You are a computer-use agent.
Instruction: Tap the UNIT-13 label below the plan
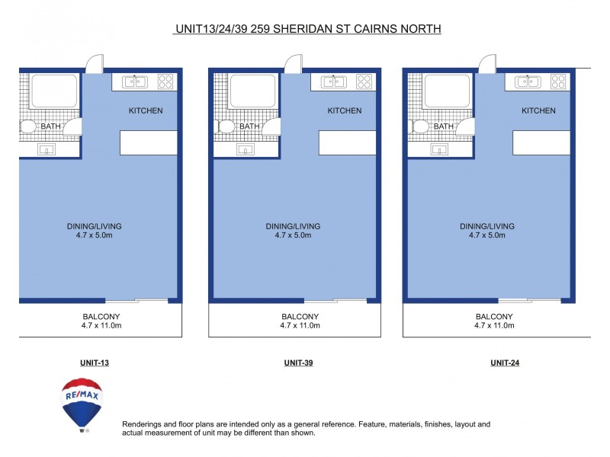click(x=95, y=363)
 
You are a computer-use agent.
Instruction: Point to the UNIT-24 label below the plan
click(x=505, y=363)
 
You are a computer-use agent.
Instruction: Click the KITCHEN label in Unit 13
click(x=145, y=110)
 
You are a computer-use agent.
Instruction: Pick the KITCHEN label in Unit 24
click(x=538, y=110)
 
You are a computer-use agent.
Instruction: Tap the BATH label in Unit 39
click(x=249, y=126)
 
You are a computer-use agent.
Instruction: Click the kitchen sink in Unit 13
click(x=135, y=81)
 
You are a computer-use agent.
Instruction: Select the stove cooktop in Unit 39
click(x=364, y=81)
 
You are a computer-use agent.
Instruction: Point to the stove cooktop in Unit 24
click(x=558, y=81)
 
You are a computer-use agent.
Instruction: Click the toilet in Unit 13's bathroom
click(x=27, y=126)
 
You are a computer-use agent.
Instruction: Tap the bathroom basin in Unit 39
click(x=246, y=149)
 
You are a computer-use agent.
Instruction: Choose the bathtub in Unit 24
click(x=441, y=91)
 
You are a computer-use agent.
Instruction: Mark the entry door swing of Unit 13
click(x=94, y=64)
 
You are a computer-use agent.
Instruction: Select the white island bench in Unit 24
click(x=541, y=142)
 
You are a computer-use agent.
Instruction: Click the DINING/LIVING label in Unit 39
click(x=293, y=226)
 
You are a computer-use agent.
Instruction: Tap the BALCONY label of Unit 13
click(x=101, y=316)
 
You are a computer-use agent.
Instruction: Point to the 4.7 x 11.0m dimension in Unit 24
click(x=494, y=325)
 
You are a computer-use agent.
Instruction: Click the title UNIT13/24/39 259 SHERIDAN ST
click(x=308, y=29)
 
